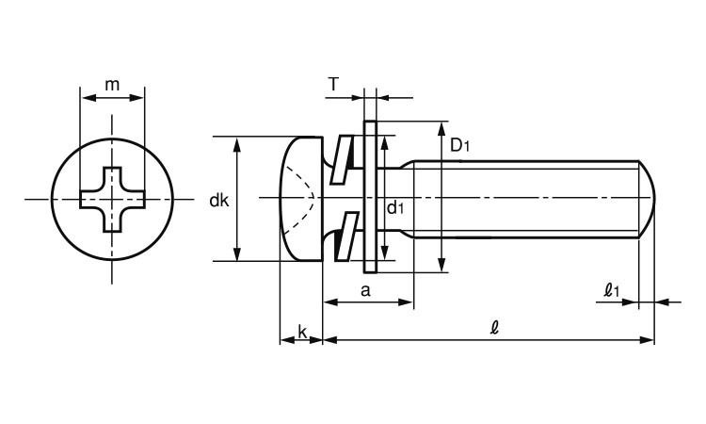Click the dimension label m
[x=112, y=85]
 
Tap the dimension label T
[x=333, y=84]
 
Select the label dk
[x=219, y=201]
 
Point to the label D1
[x=459, y=145]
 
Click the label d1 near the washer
[x=395, y=207]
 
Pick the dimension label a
[x=365, y=290]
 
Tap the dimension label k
[x=302, y=332]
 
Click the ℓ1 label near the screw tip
[x=612, y=289]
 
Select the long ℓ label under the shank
[x=494, y=328]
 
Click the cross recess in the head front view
[x=113, y=199]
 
